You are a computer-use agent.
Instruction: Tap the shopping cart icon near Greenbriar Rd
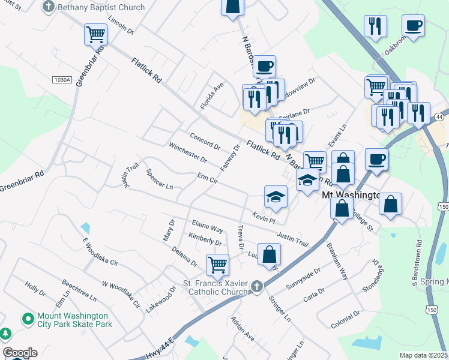click(95, 35)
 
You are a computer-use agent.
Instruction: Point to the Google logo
click(20, 353)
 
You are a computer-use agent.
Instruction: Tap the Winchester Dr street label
click(187, 153)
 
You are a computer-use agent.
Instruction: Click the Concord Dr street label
click(205, 142)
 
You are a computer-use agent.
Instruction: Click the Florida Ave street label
click(212, 95)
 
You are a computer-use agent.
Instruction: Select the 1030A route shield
click(62, 80)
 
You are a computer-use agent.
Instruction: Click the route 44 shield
click(440, 116)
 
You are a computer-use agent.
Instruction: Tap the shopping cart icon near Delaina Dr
click(217, 263)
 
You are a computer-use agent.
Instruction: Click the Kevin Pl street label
click(263, 216)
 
